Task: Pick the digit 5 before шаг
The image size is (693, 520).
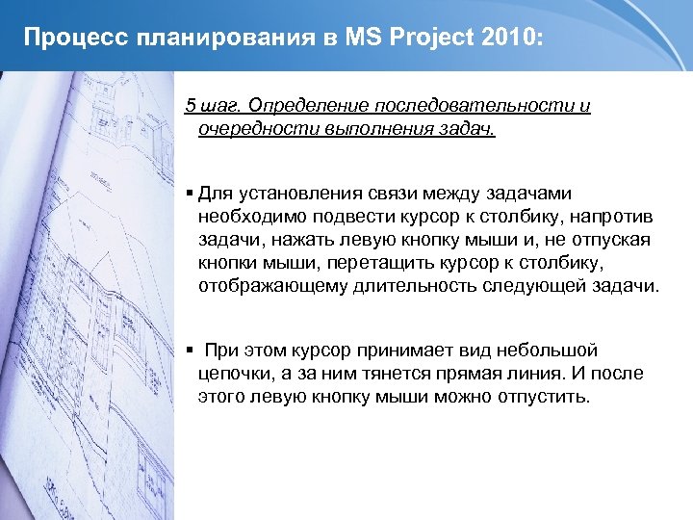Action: (190, 105)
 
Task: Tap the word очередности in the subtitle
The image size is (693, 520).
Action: (252, 128)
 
